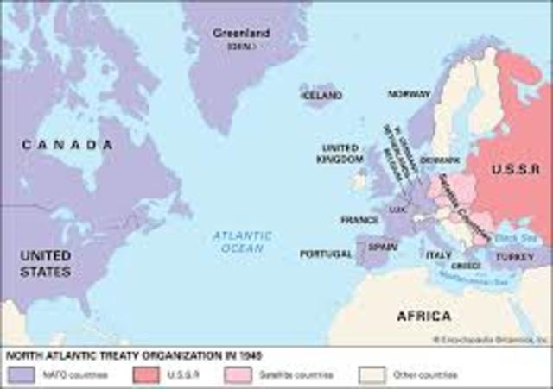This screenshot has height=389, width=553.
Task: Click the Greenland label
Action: (241, 34)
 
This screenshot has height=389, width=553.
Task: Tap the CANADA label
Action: (67, 145)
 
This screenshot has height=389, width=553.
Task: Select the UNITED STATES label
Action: (45, 264)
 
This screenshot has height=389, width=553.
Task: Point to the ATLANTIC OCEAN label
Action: (243, 242)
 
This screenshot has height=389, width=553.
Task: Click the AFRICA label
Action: (423, 316)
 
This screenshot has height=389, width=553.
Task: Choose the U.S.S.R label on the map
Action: (515, 170)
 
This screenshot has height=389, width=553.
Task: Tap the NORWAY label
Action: (409, 94)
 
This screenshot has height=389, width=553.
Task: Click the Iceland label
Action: (322, 95)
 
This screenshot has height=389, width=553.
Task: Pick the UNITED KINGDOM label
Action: (340, 154)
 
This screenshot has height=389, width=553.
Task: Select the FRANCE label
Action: (359, 220)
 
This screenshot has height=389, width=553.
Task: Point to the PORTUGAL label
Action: (326, 254)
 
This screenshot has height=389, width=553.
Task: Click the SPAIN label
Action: (382, 247)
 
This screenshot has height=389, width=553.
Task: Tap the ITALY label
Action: (439, 254)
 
